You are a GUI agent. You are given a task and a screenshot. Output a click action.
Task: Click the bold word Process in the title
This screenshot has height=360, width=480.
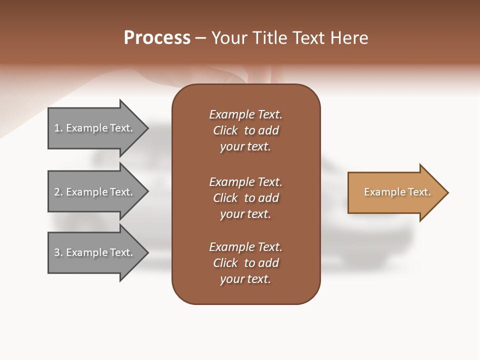[x=157, y=38]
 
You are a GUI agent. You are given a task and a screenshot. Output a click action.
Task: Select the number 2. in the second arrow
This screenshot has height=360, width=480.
[x=58, y=192]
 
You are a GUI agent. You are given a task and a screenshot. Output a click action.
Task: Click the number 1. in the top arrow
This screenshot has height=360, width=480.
[x=58, y=128]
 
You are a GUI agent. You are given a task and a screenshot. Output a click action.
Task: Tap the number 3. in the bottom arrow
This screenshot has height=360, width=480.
[x=58, y=252]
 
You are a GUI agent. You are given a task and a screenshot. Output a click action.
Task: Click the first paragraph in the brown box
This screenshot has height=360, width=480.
[x=245, y=130]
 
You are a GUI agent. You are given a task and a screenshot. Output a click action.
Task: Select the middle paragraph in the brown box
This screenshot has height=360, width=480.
[x=245, y=198]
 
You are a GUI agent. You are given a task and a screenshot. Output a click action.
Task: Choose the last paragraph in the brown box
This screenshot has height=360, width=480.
[x=245, y=263]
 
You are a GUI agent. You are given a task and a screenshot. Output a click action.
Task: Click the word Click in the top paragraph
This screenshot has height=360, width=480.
[x=225, y=130]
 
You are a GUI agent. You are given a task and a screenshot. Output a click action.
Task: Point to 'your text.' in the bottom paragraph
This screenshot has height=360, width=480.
[x=245, y=279]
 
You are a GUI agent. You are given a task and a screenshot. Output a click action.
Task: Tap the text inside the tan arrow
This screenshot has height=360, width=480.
[x=397, y=192]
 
